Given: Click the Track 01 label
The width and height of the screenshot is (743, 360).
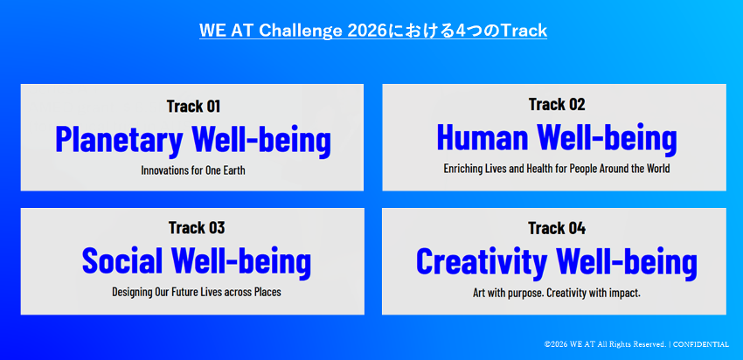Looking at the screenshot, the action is [193, 106].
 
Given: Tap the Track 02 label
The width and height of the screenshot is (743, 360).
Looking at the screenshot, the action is [557, 104].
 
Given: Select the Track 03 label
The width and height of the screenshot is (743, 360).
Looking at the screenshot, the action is [196, 228].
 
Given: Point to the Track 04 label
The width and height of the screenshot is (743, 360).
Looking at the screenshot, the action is [557, 228].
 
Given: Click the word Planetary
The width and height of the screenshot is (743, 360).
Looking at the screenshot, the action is [119, 140].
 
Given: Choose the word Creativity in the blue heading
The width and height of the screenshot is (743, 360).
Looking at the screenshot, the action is [482, 262].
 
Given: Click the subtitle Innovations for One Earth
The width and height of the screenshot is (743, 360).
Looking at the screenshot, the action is [193, 170].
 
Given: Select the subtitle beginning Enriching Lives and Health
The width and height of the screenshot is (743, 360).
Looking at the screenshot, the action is [557, 168].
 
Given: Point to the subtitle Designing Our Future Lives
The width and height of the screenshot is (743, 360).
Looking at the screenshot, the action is [196, 292].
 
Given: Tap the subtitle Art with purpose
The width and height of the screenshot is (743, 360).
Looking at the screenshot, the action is [557, 293].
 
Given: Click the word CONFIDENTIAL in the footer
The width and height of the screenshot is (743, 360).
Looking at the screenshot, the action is [701, 344].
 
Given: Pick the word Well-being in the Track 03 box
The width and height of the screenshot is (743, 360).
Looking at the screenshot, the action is [241, 260].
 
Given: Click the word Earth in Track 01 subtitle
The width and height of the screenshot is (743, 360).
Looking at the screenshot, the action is [233, 170].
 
